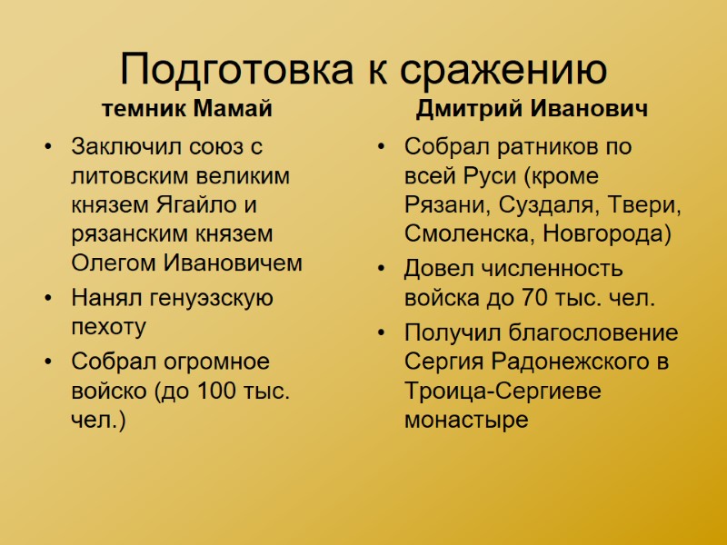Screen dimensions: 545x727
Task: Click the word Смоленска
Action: click(470, 233)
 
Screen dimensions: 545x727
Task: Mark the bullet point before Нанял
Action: click(47, 297)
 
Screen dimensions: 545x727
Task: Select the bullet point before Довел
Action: click(383, 269)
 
